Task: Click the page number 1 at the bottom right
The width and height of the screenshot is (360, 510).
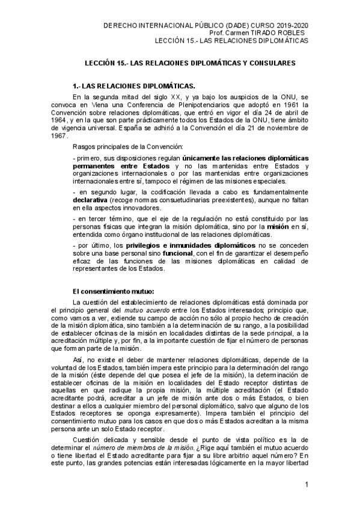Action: pyautogui.click(x=307, y=484)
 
